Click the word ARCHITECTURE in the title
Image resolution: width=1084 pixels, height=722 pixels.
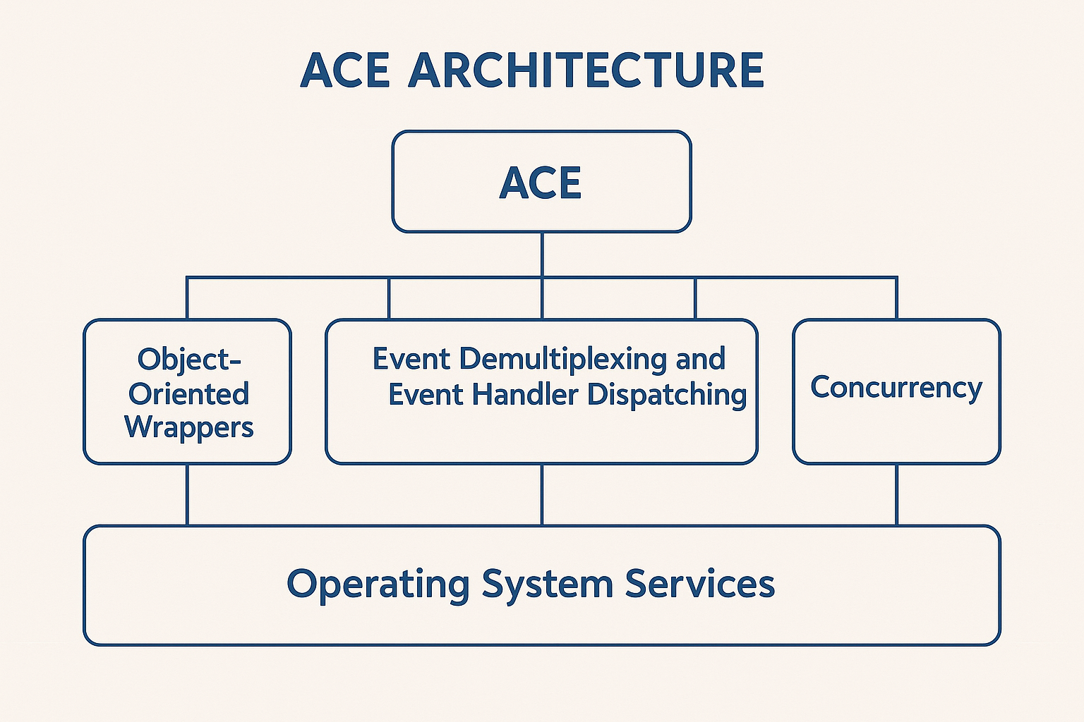click(x=586, y=71)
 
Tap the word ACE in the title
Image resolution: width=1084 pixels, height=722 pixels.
click(x=345, y=71)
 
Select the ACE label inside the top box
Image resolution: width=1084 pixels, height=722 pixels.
click(x=541, y=183)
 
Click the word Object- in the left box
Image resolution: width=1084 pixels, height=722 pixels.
click(x=189, y=359)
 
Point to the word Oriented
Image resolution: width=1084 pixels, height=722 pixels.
click(x=188, y=393)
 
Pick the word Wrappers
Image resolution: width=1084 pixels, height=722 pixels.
click(x=189, y=427)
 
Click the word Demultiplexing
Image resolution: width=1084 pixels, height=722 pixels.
click(x=562, y=359)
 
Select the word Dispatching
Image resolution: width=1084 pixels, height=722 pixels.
click(x=667, y=395)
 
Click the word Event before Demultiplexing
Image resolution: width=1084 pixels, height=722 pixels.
click(x=411, y=359)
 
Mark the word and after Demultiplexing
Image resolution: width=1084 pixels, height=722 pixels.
click(x=700, y=359)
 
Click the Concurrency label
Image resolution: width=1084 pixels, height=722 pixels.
click(x=896, y=387)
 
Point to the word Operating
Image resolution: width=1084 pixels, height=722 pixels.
click(x=378, y=585)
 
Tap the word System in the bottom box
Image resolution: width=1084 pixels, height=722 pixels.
click(x=547, y=585)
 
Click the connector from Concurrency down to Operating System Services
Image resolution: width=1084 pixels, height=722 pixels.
click(x=896, y=495)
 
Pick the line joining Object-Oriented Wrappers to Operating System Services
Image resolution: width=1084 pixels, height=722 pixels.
click(x=187, y=495)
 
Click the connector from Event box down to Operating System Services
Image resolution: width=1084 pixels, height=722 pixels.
click(x=542, y=495)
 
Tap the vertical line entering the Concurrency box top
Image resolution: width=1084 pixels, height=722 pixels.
click(x=896, y=298)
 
